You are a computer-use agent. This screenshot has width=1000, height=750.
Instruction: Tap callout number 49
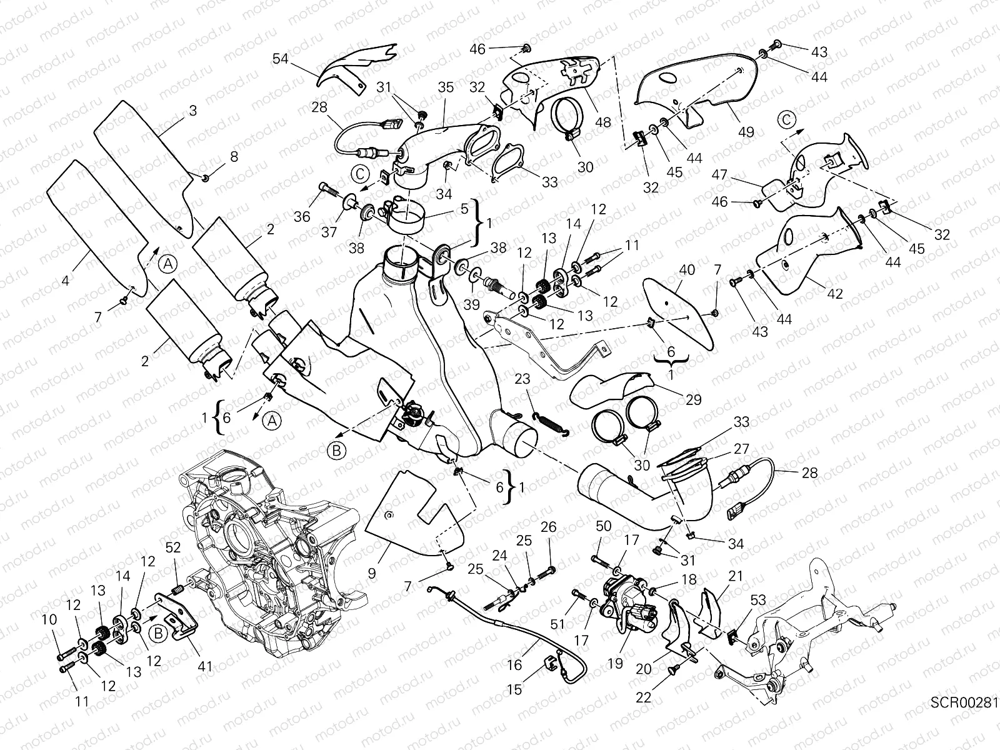coord(746,132)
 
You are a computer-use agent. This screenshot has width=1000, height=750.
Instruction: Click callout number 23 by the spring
coord(522,378)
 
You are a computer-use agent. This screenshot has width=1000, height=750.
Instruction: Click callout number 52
coord(173,547)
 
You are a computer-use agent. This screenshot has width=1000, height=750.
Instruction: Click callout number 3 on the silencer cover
coord(192,111)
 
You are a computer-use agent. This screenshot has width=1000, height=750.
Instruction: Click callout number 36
coord(302,216)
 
